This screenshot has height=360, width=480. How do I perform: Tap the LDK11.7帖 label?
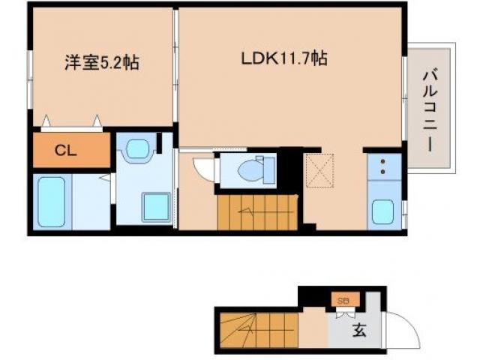(x=283, y=58)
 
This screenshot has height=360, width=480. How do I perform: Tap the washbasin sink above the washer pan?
(x=137, y=148)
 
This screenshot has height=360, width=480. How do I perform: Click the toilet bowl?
(x=252, y=171)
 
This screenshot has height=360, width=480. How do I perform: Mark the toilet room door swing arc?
(x=202, y=168)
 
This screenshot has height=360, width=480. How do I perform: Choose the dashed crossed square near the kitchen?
(x=319, y=170)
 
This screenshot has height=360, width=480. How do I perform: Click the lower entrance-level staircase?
(x=259, y=330)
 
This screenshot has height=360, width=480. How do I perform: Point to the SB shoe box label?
(x=344, y=301)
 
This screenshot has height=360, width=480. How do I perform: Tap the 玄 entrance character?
(x=360, y=331)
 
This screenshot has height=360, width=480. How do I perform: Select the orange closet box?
(x=71, y=150)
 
